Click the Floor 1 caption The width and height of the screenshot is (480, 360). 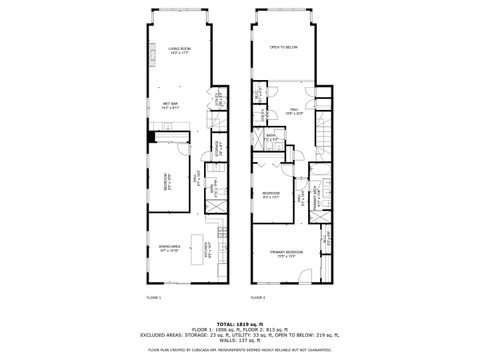coord(153,297)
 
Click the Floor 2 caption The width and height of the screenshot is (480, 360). coord(257,297)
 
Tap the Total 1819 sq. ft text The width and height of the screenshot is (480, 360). coord(240,324)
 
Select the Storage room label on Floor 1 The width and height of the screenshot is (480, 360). coord(217,149)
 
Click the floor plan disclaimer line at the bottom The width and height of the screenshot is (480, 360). coord(240,350)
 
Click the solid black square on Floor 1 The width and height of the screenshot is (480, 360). coord(152,137)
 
